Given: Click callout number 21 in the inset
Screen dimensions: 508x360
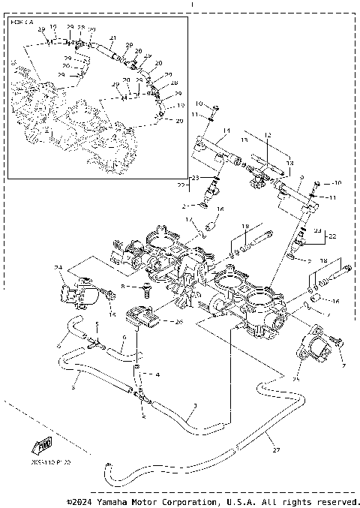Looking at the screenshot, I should point(112,38).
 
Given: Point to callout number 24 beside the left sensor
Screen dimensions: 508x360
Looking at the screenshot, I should point(58,266).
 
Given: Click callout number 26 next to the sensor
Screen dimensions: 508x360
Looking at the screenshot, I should point(178,323).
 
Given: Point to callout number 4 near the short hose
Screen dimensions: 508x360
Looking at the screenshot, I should point(157,373).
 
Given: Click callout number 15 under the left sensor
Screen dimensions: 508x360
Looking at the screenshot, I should point(112,314).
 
